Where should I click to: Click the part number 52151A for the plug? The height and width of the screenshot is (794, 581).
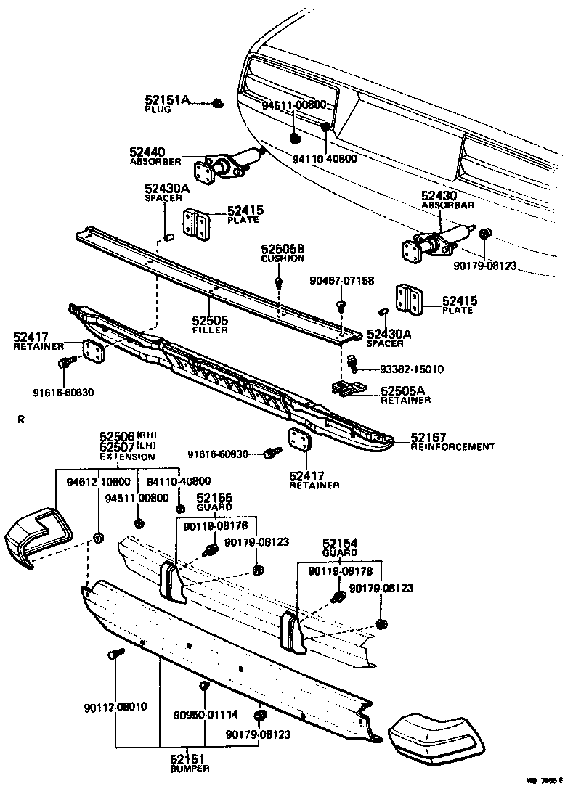[166, 99]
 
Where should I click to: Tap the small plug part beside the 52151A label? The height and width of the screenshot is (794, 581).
[219, 105]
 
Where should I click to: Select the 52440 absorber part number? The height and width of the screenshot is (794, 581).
[147, 152]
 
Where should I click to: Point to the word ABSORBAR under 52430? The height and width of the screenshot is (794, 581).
[447, 205]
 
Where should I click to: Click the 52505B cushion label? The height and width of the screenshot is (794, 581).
[283, 249]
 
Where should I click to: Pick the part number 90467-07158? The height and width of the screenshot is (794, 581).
[342, 280]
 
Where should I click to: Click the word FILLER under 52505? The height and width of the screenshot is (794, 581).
[210, 330]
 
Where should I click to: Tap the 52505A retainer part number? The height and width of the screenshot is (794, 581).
[404, 390]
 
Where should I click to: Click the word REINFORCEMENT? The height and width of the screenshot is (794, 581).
[452, 446]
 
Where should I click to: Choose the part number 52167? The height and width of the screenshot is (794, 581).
[428, 437]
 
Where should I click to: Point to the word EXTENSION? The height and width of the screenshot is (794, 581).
[127, 457]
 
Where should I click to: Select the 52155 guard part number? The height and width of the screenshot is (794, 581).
[214, 497]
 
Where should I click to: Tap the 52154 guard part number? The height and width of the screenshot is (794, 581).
[341, 543]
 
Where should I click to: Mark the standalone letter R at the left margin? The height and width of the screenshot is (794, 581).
[21, 419]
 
